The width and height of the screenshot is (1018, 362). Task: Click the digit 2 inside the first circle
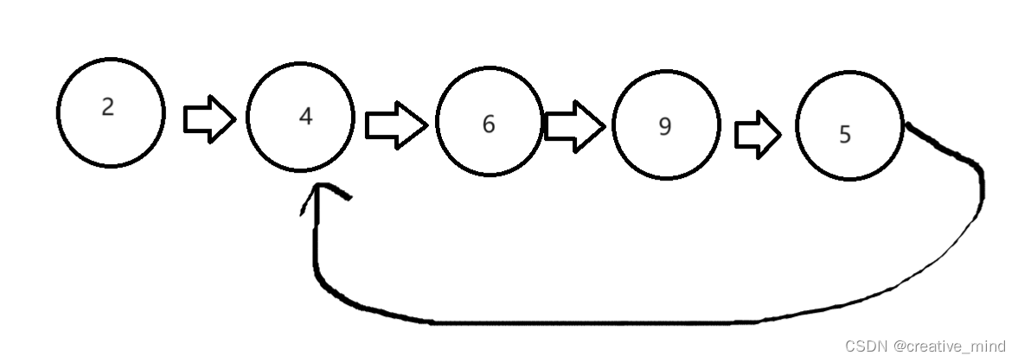point(107,107)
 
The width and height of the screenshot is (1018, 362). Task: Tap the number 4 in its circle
point(304,117)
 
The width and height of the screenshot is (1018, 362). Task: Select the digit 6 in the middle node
point(489,124)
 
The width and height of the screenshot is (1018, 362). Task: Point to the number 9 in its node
point(664,127)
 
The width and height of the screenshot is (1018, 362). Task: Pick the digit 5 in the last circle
point(845,135)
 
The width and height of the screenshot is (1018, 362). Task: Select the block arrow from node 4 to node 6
point(394,124)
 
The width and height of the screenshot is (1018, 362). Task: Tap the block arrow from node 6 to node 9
point(573,126)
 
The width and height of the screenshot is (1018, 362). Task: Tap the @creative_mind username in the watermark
point(950,346)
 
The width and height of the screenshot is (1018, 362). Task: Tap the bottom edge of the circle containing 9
point(666,178)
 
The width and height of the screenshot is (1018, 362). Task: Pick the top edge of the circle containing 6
point(490,72)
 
